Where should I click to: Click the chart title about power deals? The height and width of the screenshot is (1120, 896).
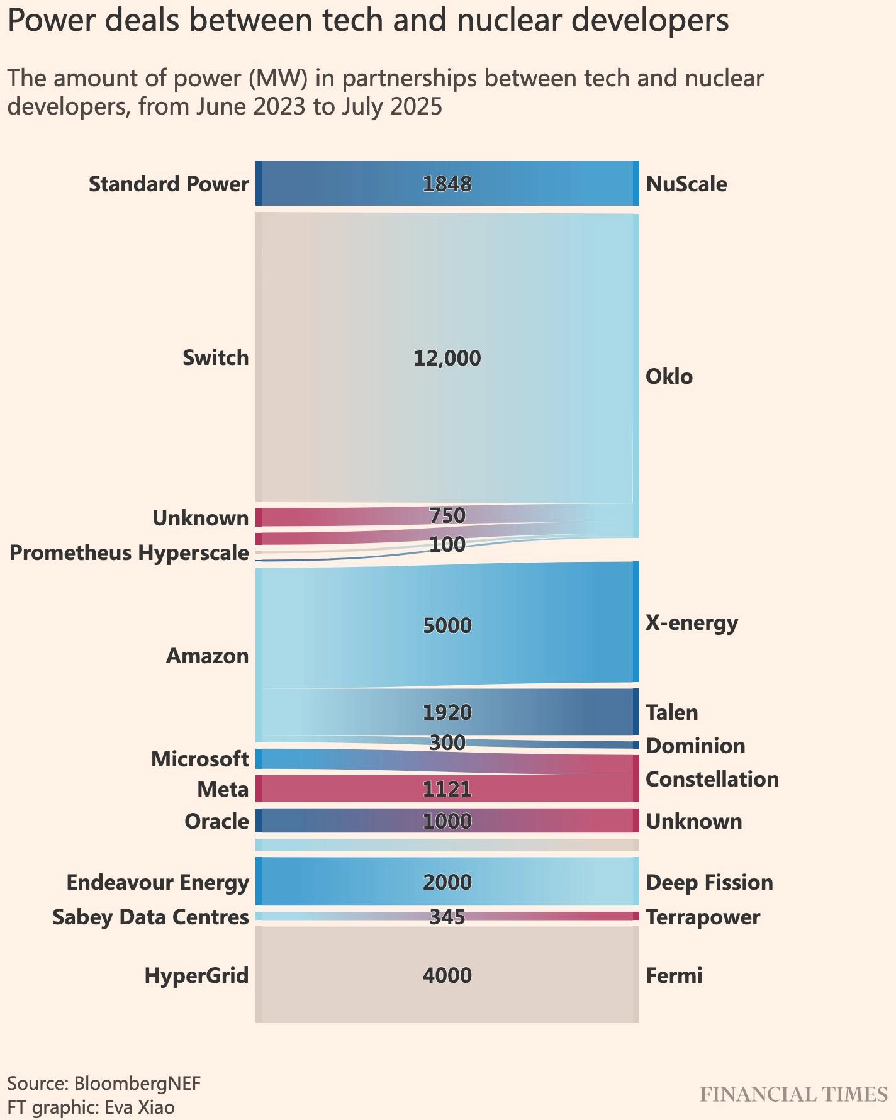pyautogui.click(x=367, y=21)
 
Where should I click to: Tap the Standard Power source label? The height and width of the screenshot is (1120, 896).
pyautogui.click(x=169, y=184)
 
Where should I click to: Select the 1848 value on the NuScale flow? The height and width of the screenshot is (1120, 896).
pyautogui.click(x=447, y=184)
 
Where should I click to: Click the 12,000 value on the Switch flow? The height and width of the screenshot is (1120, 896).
pyautogui.click(x=447, y=358)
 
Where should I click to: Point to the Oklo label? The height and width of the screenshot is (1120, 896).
pyautogui.click(x=669, y=377)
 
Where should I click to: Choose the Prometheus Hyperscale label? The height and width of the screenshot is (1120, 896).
pyautogui.click(x=129, y=553)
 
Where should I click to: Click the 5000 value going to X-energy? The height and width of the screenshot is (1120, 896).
pyautogui.click(x=447, y=625)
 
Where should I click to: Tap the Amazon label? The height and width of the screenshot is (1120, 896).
pyautogui.click(x=207, y=656)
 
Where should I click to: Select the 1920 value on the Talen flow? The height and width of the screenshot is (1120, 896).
pyautogui.click(x=447, y=712)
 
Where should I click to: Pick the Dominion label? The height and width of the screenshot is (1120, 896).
pyautogui.click(x=695, y=746)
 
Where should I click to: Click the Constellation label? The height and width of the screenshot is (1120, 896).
pyautogui.click(x=712, y=780)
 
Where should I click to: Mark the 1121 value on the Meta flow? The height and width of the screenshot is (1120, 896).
pyautogui.click(x=447, y=789)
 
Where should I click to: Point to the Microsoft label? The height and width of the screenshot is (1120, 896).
pyautogui.click(x=199, y=759)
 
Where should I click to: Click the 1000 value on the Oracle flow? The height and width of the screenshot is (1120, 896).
pyautogui.click(x=447, y=821)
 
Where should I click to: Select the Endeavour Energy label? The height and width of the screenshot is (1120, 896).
pyautogui.click(x=157, y=883)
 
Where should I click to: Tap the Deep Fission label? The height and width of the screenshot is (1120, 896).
pyautogui.click(x=709, y=883)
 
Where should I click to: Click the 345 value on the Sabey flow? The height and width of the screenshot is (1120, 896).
pyautogui.click(x=447, y=917)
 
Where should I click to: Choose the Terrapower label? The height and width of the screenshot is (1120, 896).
pyautogui.click(x=703, y=917)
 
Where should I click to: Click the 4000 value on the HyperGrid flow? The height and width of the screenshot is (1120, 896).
pyautogui.click(x=447, y=976)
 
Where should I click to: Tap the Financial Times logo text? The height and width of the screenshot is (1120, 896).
pyautogui.click(x=793, y=1095)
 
